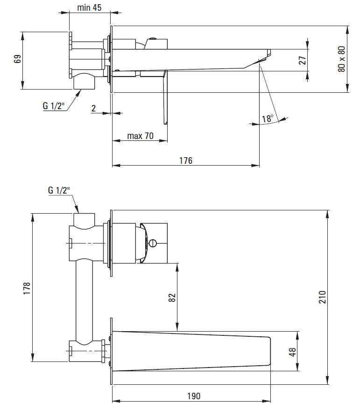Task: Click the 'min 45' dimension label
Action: pos(90,8)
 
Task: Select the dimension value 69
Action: pos(18,60)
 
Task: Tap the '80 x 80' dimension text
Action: pos(341,59)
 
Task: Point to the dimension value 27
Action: pos(302,60)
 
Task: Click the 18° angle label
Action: pos(268,119)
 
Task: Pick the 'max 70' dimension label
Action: pos(140,136)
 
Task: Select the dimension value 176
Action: pos(185,160)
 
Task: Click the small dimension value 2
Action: pos(93,109)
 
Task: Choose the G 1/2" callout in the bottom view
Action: pos(59,190)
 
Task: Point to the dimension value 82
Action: pos(171,298)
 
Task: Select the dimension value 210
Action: pos(322,297)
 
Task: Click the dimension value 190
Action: pos(192,396)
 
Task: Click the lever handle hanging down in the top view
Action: pos(165,98)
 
